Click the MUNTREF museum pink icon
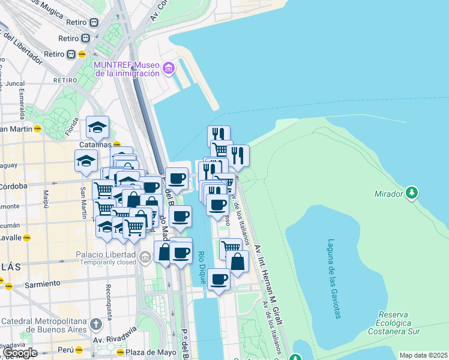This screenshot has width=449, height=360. coord(169,68)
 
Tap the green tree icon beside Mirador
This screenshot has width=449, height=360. coord(411,193)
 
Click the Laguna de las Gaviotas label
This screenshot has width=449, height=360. coord(333,279)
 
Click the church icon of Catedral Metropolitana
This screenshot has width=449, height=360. coord(95,325)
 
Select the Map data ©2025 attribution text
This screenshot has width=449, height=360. coord(423,355)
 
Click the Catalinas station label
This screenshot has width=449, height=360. coord(95,145)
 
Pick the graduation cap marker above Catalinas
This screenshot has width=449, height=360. coord(97,127)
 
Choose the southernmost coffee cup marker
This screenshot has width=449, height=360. coord(219,279)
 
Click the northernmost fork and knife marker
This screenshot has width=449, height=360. coord(219,136)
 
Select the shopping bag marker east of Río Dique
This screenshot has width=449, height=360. coord(238,262)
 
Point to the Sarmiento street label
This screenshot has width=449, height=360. coord(42,283)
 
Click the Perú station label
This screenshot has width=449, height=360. coord(67,349)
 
